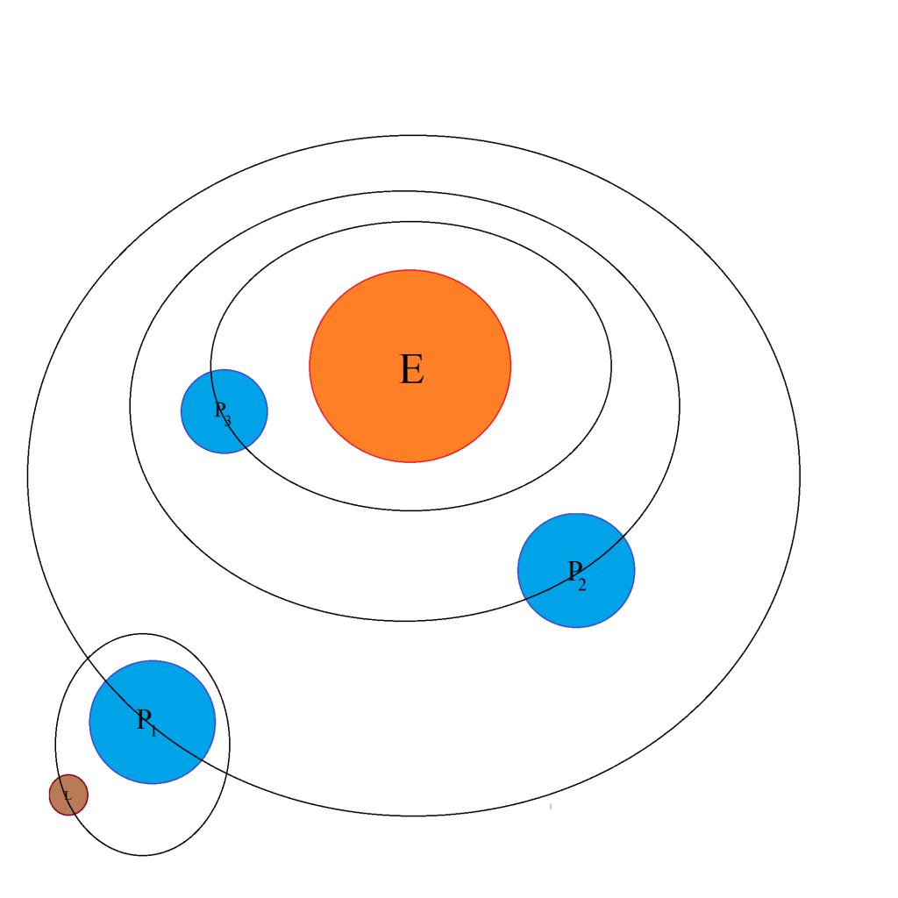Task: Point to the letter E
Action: click(x=411, y=369)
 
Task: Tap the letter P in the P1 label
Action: click(x=145, y=719)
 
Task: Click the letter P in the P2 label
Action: click(x=574, y=571)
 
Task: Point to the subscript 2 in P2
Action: click(x=582, y=584)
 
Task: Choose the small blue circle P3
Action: click(x=202, y=430)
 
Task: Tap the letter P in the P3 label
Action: click(x=220, y=409)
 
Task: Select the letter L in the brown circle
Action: click(x=68, y=796)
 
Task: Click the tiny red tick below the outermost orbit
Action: click(x=551, y=806)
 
